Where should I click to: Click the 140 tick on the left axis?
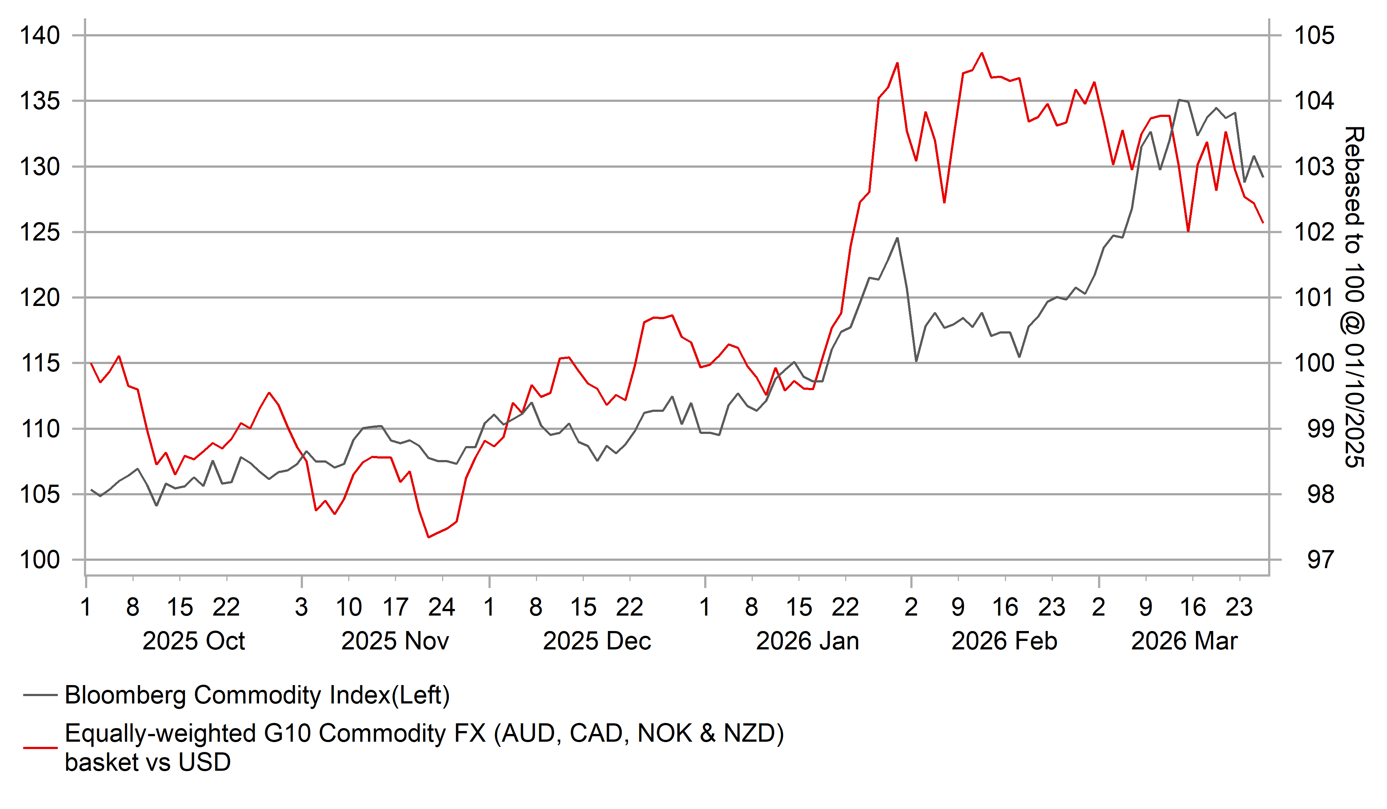click(x=40, y=36)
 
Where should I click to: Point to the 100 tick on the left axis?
click(x=40, y=560)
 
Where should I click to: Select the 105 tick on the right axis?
click(x=1314, y=36)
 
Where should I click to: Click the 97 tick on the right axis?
click(x=1321, y=560)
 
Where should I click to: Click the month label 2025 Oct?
click(x=193, y=641)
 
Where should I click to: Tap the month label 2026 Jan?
click(x=808, y=641)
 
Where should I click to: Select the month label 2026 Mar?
click(x=1184, y=641)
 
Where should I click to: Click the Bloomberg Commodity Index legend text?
click(x=257, y=695)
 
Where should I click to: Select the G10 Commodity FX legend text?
click(x=424, y=734)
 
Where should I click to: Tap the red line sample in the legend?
click(x=40, y=748)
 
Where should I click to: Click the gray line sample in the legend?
click(x=40, y=695)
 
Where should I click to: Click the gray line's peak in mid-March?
click(x=1179, y=100)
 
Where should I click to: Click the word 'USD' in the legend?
click(x=204, y=763)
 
